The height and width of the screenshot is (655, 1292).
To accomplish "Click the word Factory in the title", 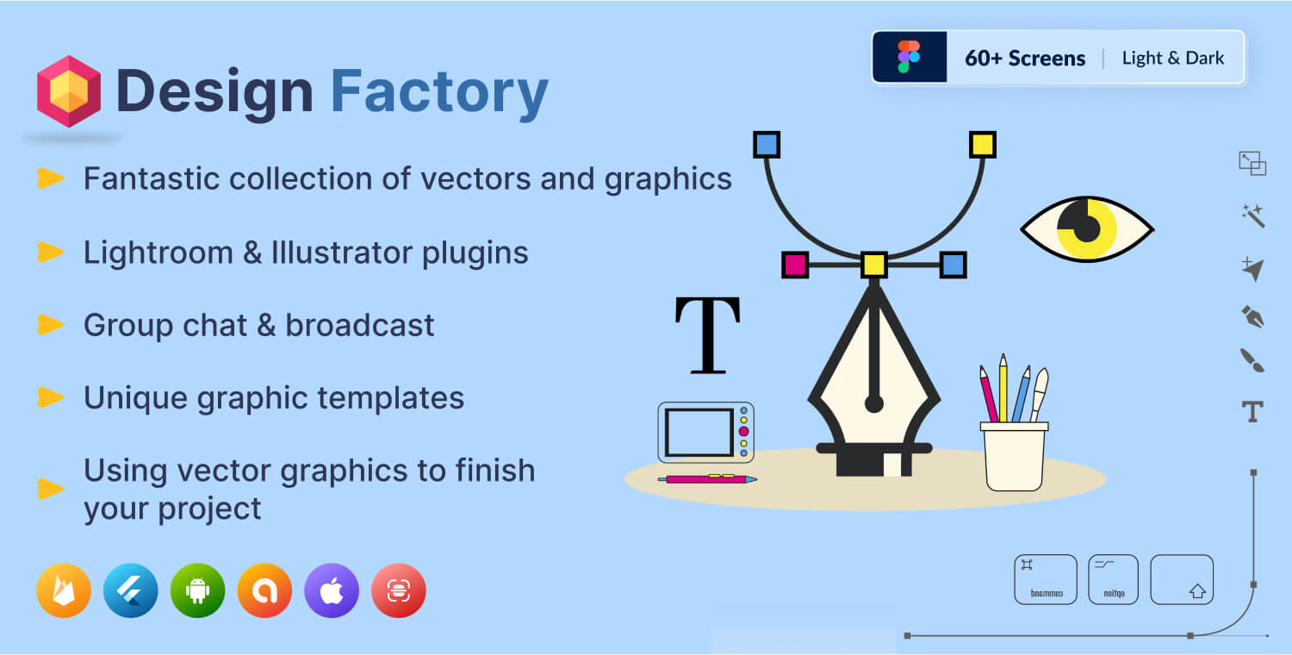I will click(x=439, y=91).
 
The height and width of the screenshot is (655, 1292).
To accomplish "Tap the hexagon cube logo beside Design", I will click(x=69, y=91).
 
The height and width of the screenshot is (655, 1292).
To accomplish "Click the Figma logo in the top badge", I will click(x=909, y=57).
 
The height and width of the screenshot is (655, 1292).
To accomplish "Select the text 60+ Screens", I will click(x=1025, y=59).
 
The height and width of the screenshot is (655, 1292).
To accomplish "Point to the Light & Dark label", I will click(x=1173, y=59).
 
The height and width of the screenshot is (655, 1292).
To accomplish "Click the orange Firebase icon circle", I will click(x=64, y=590).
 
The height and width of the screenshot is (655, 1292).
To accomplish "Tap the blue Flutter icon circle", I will click(x=130, y=590).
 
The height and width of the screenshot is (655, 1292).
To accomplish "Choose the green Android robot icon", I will click(x=197, y=590).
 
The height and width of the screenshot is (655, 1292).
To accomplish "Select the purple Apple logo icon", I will click(x=332, y=590).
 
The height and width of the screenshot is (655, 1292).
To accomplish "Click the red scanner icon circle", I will click(x=398, y=590).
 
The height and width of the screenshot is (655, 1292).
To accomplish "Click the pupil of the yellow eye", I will click(x=1087, y=228).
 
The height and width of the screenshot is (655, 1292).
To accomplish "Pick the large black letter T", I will click(x=707, y=336).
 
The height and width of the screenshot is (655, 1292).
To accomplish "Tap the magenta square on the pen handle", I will click(x=795, y=265).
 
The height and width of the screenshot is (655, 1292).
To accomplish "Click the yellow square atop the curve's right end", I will click(x=982, y=144).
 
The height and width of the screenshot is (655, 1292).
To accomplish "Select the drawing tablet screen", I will click(x=699, y=432).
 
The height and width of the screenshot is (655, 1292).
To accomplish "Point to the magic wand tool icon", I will click(x=1252, y=215).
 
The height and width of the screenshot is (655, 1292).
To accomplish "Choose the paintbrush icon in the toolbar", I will click(x=1252, y=359).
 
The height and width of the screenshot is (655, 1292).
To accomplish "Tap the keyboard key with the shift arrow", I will click(x=1182, y=579).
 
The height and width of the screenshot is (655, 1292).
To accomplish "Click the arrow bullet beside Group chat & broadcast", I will click(x=51, y=325).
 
